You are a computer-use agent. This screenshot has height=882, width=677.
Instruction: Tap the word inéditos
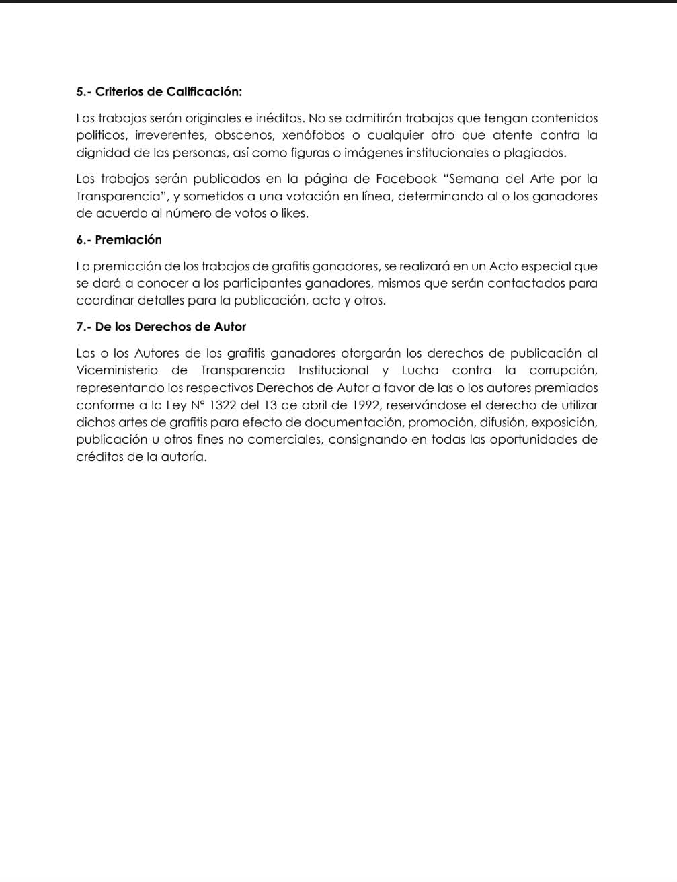pos(277,118)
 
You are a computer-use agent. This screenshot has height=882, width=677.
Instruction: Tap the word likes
pos(293,214)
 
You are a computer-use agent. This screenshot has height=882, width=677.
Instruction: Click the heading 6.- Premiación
pos(119,240)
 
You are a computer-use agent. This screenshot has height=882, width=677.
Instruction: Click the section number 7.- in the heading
pos(83,327)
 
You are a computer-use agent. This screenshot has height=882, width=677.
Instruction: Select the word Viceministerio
pos(117,370)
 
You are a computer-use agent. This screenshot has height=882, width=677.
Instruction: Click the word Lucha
pos(420,370)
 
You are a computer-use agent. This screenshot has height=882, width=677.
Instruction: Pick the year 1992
pos(366,405)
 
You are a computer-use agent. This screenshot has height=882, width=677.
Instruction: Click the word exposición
pos(564,423)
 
